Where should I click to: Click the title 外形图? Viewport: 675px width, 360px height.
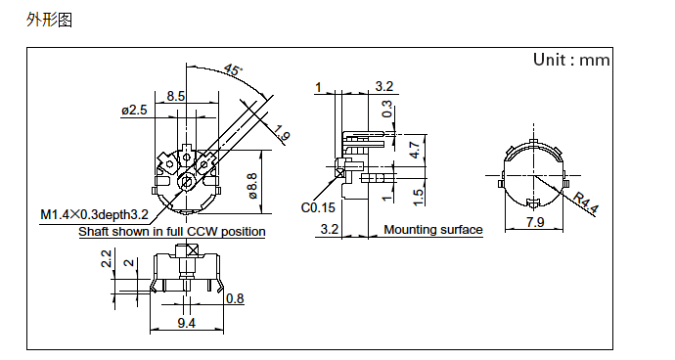(49, 20)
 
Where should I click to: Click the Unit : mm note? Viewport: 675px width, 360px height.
(571, 60)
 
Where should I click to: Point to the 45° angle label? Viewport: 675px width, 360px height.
(234, 69)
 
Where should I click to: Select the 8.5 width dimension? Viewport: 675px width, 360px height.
(176, 96)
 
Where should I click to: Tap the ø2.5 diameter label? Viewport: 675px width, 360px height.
(134, 111)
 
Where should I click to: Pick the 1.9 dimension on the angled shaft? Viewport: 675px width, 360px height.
(282, 133)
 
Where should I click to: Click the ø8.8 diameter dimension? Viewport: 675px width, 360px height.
(252, 186)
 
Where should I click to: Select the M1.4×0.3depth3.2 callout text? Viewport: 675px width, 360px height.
(94, 214)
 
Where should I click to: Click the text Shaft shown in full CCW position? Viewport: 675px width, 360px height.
(172, 232)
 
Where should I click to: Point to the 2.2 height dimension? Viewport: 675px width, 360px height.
(107, 258)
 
